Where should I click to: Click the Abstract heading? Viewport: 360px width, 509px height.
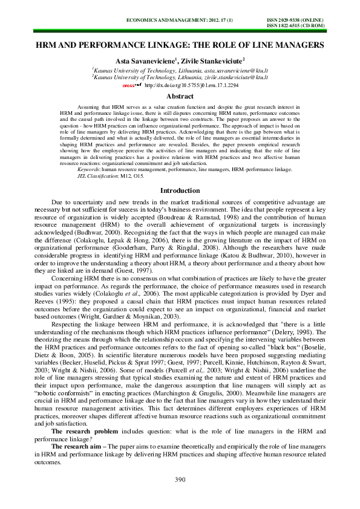pyautogui.click(x=180, y=96)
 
